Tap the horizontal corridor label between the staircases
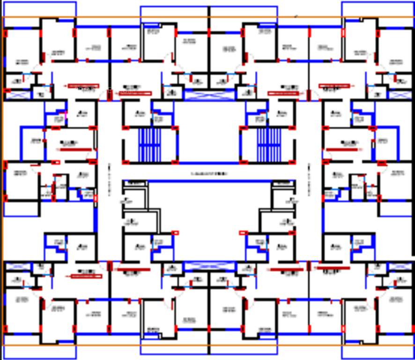click(209, 174)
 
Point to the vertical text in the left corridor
click(110, 180)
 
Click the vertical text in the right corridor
click(309, 180)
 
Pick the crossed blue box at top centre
click(209, 94)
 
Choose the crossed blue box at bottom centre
click(209, 266)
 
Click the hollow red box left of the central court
click(175, 233)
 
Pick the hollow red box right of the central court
click(243, 233)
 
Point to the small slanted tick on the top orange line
click(296, 16)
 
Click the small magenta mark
click(66, 112)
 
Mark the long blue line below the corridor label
click(209, 181)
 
